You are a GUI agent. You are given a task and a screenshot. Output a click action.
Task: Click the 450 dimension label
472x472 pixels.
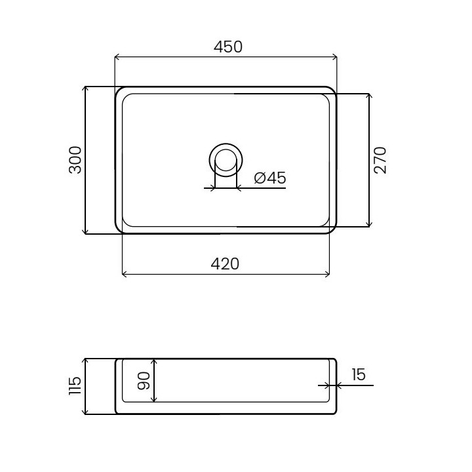(228, 47)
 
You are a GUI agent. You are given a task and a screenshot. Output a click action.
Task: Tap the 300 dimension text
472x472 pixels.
(75, 160)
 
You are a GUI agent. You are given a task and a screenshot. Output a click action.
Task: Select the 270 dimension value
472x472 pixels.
(380, 160)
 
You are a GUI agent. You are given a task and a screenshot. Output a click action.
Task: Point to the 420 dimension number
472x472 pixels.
(225, 264)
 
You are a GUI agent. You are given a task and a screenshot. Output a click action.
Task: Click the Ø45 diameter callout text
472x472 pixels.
(270, 178)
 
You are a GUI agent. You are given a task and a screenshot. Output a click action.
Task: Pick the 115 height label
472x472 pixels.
(75, 385)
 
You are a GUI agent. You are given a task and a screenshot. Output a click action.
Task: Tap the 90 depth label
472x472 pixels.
(144, 381)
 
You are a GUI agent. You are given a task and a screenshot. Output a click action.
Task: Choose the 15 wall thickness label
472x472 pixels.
(358, 374)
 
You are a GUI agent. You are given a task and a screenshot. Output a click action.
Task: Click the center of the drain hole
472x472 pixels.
(226, 160)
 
